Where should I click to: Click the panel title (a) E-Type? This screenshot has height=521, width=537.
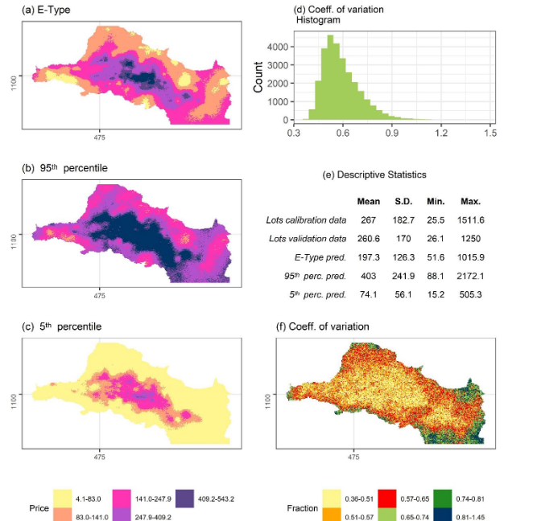[49, 10]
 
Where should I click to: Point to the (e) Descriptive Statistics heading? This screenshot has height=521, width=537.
[374, 174]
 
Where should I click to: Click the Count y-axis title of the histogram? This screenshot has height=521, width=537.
[259, 78]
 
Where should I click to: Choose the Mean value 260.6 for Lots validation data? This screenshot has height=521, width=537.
[369, 238]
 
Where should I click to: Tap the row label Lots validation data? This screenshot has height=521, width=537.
[306, 238]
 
